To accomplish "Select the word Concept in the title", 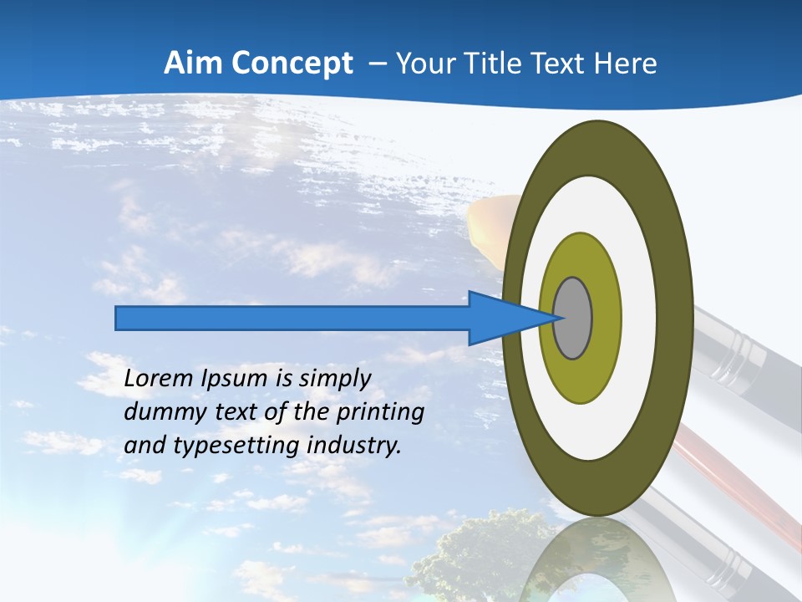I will [291, 64].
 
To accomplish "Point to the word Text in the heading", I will [560, 64].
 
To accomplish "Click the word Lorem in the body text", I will [157, 379].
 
